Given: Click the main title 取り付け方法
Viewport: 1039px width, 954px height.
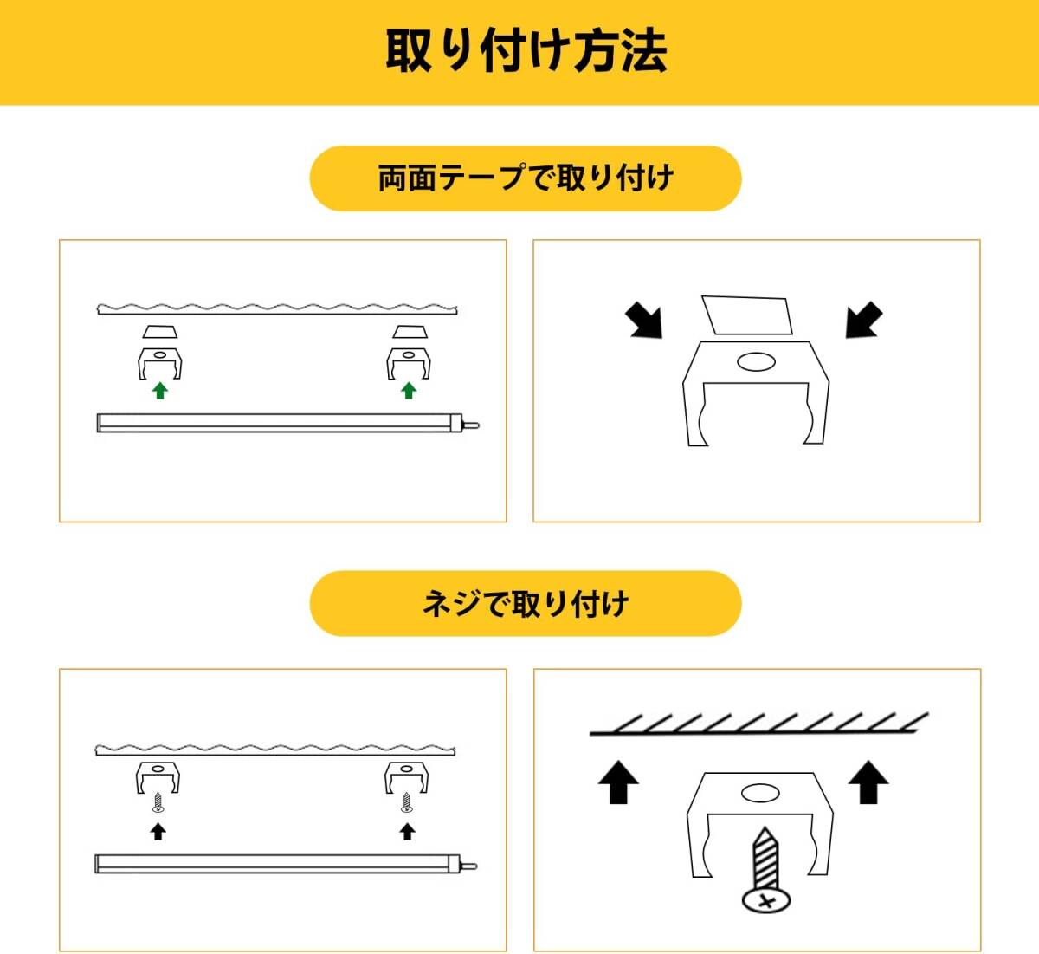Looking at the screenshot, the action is pos(526,50).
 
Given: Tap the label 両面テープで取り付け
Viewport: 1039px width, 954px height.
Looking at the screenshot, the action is pos(526,178).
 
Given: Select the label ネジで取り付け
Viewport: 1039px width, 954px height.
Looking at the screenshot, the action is pos(526,604).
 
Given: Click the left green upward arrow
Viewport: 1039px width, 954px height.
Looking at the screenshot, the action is pos(160,391).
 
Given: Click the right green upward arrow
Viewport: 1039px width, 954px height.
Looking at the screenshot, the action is pos(409,391).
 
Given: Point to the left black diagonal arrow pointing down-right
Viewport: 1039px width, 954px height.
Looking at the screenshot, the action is pos(644,321).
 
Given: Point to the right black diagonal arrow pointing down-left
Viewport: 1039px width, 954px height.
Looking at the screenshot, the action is pos(864,320).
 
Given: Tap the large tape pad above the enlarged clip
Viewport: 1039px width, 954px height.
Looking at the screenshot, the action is pos(747,315).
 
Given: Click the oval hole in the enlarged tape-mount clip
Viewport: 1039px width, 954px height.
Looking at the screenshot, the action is pos(756,361).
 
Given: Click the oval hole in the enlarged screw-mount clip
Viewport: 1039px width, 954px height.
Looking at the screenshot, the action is pos(760,794).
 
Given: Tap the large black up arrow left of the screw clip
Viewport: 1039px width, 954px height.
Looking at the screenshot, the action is pos(618,782).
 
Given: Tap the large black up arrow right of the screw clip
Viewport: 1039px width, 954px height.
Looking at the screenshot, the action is pos(868,782).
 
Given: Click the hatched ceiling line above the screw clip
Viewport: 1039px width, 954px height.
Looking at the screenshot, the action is pos(759,724).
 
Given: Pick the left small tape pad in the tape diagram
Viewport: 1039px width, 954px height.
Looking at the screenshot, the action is pos(160,332).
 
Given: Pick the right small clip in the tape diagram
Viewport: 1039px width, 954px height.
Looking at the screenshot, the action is pos(409,364).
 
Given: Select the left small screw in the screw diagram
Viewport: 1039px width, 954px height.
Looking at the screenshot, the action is pos(158,801).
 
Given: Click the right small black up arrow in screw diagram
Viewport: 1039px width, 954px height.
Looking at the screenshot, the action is pos(407,832).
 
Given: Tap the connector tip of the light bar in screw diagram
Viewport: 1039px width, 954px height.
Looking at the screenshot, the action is pos(469,866).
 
